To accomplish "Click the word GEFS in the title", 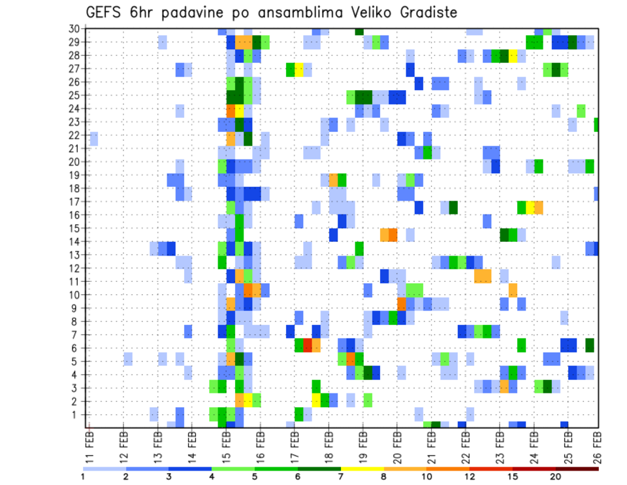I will click(105, 12).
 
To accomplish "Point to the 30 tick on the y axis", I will click(74, 29).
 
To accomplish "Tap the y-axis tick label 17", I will click(74, 201).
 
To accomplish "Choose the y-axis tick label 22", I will click(74, 135).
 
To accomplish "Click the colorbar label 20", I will click(556, 477).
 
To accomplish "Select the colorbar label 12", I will click(470, 477).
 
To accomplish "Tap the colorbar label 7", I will click(341, 477).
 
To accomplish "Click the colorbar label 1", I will click(83, 477).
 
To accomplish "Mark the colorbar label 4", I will click(212, 477).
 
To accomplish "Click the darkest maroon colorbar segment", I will click(577, 469).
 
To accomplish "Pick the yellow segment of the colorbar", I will click(362, 469).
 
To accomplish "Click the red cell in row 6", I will click(308, 344).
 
